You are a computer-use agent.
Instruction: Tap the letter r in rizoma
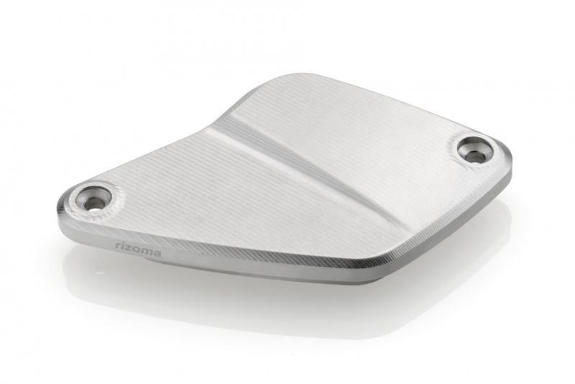coord(118,246)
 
